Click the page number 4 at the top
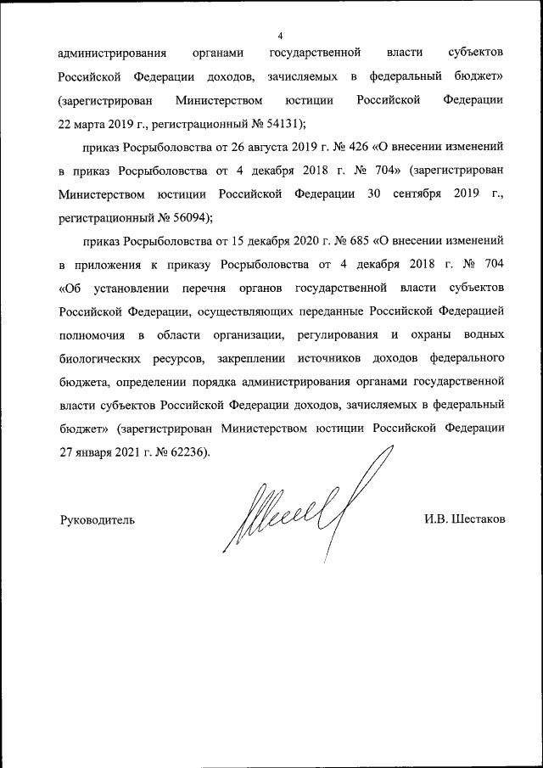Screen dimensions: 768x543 point(280,35)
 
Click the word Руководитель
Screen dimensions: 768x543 point(97,519)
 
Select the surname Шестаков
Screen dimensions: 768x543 point(479,519)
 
